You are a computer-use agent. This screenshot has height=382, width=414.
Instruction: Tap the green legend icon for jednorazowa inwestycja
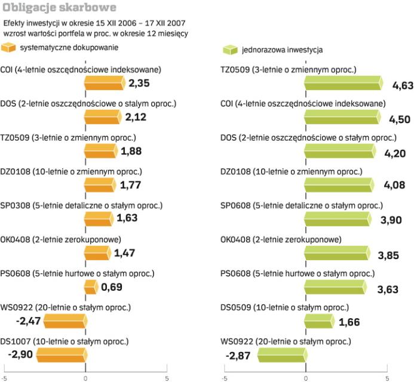point(228,51)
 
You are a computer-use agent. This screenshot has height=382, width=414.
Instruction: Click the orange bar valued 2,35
point(105,82)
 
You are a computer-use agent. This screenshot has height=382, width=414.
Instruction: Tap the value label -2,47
point(27,321)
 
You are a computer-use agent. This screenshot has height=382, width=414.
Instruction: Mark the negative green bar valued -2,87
point(282,356)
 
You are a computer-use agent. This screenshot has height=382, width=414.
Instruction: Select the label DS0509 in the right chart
point(235,308)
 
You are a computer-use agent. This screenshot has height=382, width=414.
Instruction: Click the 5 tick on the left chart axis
point(167,378)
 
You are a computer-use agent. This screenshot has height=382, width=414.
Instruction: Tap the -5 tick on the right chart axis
point(224,378)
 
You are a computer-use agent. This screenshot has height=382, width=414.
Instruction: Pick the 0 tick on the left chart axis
point(85,378)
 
